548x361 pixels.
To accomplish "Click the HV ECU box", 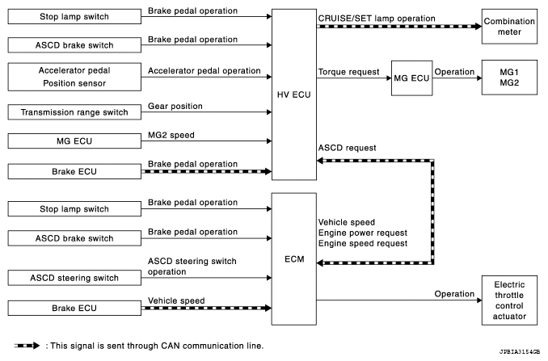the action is tap(294, 94).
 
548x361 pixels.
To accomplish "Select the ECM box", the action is tap(294, 259).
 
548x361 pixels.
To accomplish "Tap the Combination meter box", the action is tap(509, 27).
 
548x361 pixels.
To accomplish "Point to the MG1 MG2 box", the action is tap(509, 78).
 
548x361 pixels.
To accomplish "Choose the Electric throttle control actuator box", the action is tap(509, 300).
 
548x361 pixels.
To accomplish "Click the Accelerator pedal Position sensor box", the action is tap(74, 77).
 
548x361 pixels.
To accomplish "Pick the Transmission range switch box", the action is tap(74, 112).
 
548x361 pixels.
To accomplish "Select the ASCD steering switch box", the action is tap(74, 278).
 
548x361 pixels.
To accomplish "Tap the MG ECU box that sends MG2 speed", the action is tap(74, 141).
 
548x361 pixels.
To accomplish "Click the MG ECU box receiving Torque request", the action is tap(411, 78).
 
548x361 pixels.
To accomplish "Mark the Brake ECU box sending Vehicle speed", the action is tap(74, 308).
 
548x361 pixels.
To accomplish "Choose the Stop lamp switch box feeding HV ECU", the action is tap(74, 16).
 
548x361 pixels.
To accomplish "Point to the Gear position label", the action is tap(175, 106).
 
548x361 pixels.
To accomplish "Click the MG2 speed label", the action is tap(171, 135).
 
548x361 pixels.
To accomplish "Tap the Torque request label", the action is tap(348, 72).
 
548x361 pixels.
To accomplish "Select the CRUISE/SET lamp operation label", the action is tap(377, 19).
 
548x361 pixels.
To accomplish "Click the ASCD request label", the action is tap(347, 148).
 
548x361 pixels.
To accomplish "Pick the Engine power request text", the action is tap(363, 233).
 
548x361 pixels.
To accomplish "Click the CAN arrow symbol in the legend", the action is tap(27, 346).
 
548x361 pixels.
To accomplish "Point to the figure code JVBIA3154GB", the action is tap(520, 351).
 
